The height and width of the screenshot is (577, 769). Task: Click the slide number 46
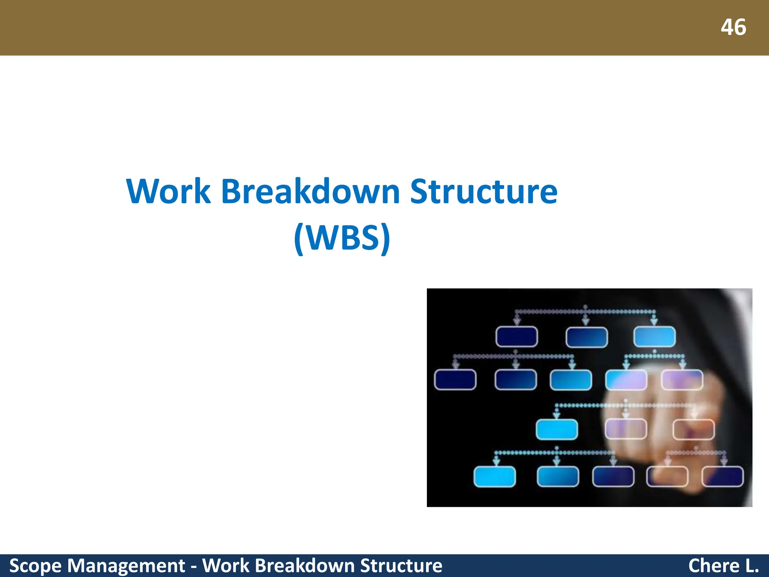click(x=733, y=27)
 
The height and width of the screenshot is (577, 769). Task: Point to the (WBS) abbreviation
click(x=342, y=238)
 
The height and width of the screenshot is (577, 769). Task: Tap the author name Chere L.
click(x=723, y=566)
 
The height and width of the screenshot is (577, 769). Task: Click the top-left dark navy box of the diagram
click(x=517, y=337)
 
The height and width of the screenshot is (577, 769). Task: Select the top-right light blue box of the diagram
click(x=654, y=337)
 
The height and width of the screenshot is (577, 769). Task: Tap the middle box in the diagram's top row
click(x=587, y=337)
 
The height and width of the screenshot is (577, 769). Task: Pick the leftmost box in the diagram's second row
click(x=455, y=380)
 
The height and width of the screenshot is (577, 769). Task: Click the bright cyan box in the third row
click(x=556, y=429)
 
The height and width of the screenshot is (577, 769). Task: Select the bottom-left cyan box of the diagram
click(x=495, y=477)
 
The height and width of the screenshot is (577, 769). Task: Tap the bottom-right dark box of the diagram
click(x=722, y=477)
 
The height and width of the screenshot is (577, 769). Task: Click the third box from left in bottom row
click(x=613, y=477)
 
